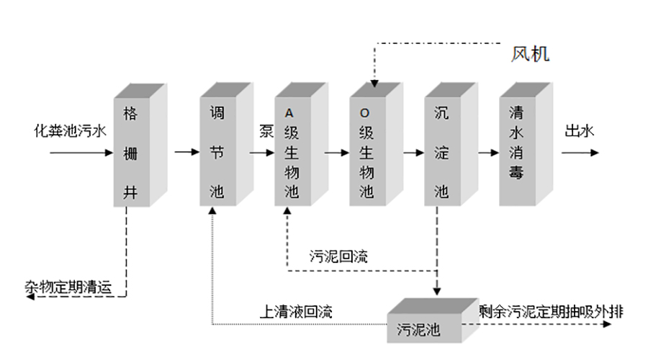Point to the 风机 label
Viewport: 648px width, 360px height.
pos(531,54)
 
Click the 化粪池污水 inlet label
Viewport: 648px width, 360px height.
pos(71,131)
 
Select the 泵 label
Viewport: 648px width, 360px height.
pos(266,131)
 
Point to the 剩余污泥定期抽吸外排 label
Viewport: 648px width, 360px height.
pos(552,311)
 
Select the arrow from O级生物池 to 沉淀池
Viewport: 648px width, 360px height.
pos(413,153)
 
